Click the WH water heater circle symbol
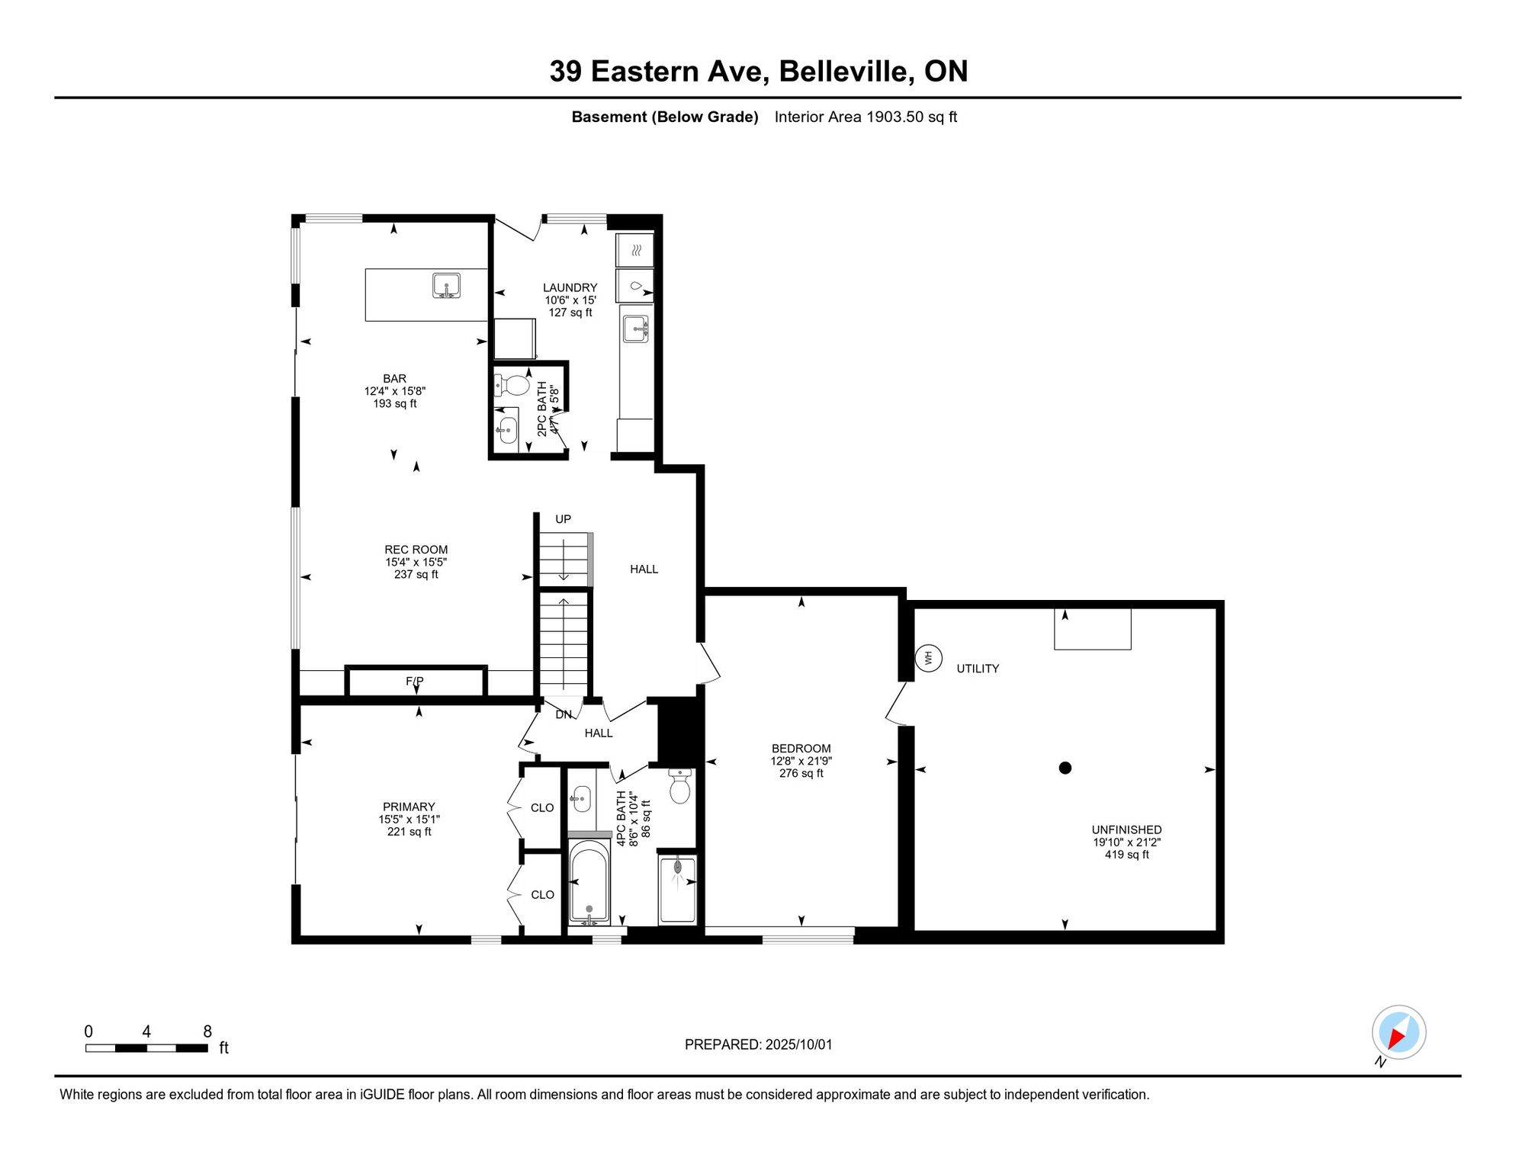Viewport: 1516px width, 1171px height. [928, 657]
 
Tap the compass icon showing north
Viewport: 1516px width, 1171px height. [1399, 1032]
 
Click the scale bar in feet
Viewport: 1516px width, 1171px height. [146, 1048]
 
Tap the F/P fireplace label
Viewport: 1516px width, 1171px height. [415, 681]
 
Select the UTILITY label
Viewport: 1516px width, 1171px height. [978, 669]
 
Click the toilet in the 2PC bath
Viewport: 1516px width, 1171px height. [512, 385]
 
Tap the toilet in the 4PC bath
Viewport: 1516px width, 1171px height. [679, 787]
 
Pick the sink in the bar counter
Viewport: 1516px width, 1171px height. [446, 286]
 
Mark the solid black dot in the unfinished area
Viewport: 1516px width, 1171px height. [1065, 768]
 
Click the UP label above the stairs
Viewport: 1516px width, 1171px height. [563, 519]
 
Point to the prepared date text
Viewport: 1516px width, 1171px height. [759, 1044]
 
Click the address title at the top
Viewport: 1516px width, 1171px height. [759, 71]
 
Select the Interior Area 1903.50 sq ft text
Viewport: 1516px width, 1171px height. [866, 117]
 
